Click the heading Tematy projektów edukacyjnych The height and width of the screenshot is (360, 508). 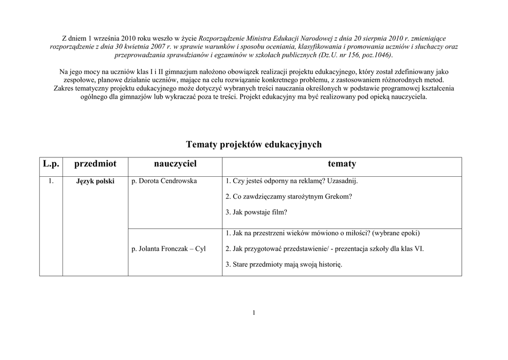254,144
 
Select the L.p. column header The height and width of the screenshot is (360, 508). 51,164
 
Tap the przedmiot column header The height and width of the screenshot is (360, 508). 95,164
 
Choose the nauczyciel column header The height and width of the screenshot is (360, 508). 175,164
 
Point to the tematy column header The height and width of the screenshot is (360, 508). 342,164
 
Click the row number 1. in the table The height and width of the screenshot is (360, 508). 51,181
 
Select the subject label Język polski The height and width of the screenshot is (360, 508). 95,182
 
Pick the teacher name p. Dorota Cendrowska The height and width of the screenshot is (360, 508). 164,181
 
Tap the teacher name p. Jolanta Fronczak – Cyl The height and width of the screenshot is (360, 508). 169,249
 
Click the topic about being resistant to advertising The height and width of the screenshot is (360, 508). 291,181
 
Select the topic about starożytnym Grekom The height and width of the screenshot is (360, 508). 289,197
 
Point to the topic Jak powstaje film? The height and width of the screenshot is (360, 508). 256,212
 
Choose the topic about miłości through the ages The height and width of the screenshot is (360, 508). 322,233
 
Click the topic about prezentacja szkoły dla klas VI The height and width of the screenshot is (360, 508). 324,249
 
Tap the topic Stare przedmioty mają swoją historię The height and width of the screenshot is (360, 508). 284,264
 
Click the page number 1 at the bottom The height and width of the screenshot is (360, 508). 254,312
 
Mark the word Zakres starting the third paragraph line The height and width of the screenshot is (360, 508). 64,88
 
